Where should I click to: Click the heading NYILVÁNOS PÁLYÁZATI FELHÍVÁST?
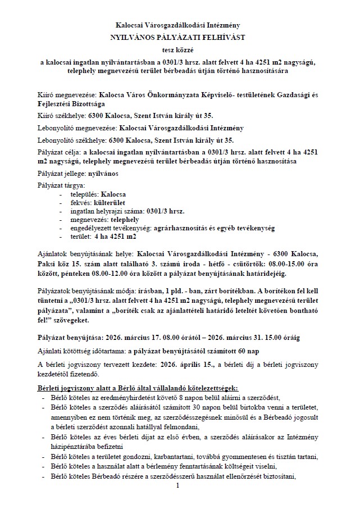click(x=179, y=37)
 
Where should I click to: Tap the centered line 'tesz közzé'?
click(x=179, y=49)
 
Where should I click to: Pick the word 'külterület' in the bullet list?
click(x=108, y=202)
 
